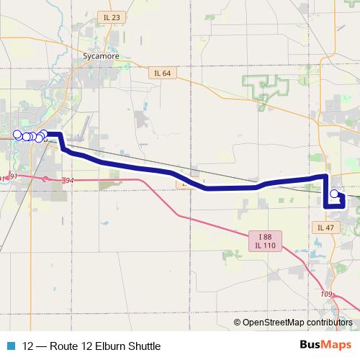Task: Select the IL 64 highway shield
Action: coord(163,73)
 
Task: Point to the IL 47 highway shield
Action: coord(326,227)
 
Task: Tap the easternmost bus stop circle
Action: coord(334,194)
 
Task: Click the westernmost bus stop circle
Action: coord(18,134)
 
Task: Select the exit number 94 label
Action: coord(68,180)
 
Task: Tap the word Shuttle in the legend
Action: coord(143,346)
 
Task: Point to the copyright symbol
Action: coord(238,323)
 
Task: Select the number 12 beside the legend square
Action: coord(29,346)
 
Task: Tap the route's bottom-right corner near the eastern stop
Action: coord(343,205)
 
